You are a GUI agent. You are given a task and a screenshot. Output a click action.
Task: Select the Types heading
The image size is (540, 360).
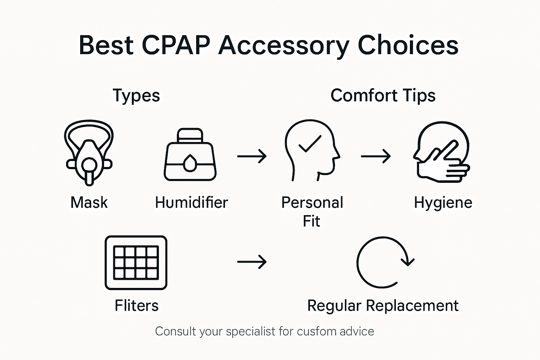click(136, 96)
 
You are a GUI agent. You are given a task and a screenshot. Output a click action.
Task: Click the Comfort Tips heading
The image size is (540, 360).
click(383, 96)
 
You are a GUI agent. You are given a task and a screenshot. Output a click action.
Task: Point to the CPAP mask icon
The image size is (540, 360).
click(89, 153)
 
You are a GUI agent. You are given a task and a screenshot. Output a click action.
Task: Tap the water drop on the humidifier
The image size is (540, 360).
click(190, 163)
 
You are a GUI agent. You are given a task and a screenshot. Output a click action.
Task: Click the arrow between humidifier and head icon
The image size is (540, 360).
click(252, 156)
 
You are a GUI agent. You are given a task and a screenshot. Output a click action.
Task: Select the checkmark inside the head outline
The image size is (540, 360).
click(309, 144)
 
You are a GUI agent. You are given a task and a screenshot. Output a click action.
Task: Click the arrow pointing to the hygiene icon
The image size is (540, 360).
click(375, 156)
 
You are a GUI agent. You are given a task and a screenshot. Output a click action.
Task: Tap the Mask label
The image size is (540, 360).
click(89, 202)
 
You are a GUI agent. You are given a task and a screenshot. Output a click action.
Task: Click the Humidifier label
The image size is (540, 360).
click(192, 202)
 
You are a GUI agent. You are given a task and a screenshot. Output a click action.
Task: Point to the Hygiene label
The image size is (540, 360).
click(443, 203)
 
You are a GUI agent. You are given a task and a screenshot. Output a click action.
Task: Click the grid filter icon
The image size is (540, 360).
click(136, 263)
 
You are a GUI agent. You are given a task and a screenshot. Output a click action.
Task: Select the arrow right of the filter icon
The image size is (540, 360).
click(252, 262)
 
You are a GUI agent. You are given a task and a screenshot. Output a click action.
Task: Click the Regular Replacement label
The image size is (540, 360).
click(383, 306)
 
